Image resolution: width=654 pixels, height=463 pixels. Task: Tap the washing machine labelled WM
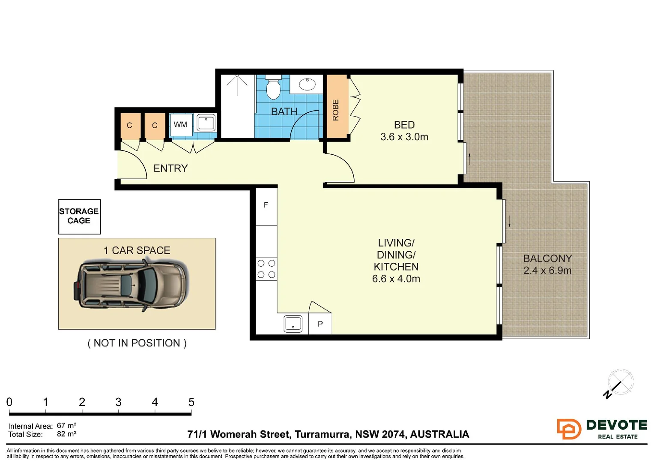tap(181, 125)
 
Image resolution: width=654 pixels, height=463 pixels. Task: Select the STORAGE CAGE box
tap(79, 216)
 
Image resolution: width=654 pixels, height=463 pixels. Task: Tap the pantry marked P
tap(320, 324)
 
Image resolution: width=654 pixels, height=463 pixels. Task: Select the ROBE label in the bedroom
tap(336, 110)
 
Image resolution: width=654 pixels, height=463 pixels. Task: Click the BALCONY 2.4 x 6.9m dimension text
tap(547, 271)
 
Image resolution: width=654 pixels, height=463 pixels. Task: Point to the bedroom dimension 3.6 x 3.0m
tap(404, 137)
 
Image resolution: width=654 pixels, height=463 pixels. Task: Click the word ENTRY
tap(170, 168)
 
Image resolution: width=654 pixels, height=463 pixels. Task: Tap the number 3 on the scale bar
tap(118, 402)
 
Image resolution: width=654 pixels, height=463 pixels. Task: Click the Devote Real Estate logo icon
tap(569, 429)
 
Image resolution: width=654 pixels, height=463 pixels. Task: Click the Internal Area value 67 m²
tap(66, 426)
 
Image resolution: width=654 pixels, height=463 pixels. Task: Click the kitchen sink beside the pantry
tap(293, 324)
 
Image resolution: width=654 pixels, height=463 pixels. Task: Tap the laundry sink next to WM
tap(206, 123)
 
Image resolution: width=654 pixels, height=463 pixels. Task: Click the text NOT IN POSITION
tap(137, 343)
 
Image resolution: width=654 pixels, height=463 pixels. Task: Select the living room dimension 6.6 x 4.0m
tap(396, 279)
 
